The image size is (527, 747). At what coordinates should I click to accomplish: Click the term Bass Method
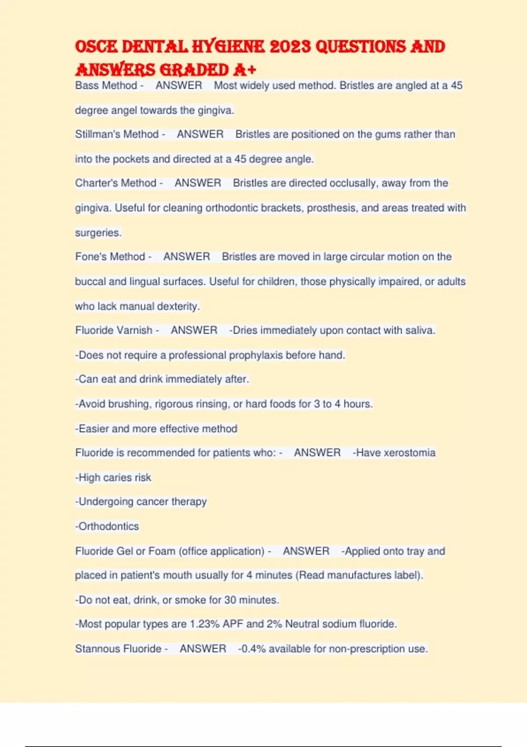click(x=106, y=85)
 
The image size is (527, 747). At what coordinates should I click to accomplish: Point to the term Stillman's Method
click(x=117, y=134)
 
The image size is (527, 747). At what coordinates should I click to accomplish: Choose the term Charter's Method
click(x=116, y=183)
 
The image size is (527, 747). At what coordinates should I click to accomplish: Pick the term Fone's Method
click(x=110, y=257)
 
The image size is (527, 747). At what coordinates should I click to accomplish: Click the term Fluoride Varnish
click(x=114, y=330)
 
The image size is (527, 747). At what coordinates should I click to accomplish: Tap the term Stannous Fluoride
click(x=118, y=649)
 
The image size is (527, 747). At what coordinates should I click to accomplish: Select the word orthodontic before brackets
click(x=231, y=208)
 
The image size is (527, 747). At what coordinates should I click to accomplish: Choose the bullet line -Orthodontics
click(x=107, y=526)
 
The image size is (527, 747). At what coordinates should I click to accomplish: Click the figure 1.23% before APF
click(x=205, y=624)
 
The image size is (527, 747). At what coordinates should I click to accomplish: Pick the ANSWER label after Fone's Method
click(x=187, y=257)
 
